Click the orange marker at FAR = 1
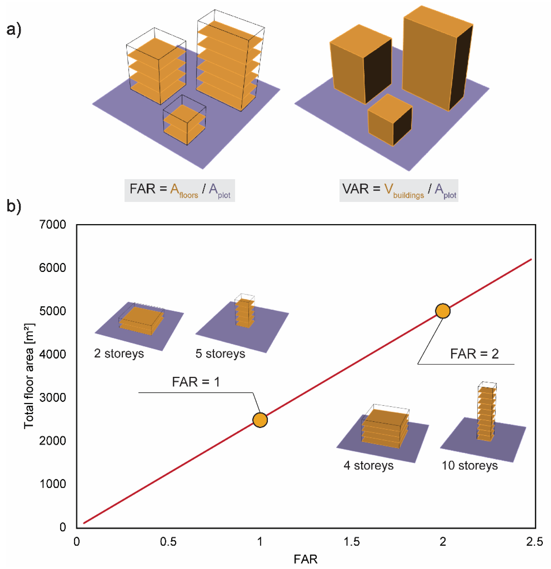(260, 420)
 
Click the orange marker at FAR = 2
(443, 311)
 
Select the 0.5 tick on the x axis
(168, 542)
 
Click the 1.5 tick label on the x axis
(351, 542)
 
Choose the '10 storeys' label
(470, 465)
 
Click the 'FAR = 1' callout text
(196, 382)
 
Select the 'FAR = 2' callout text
(474, 354)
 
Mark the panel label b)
(14, 206)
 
